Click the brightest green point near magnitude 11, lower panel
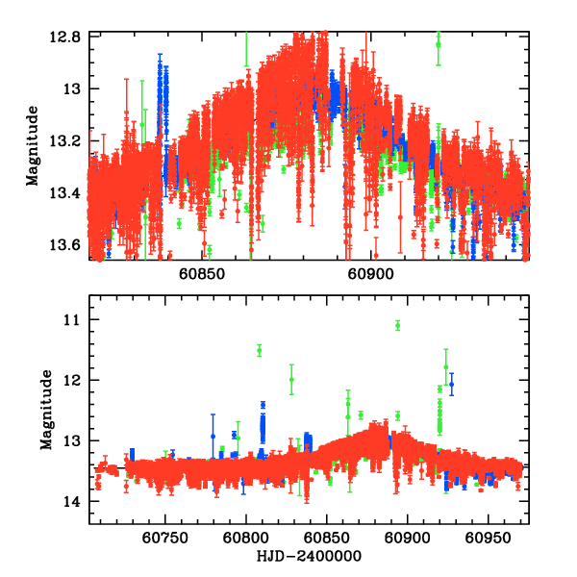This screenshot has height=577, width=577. (397, 325)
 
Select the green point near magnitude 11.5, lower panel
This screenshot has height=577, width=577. (260, 350)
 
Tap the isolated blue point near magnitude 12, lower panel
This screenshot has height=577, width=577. (451, 384)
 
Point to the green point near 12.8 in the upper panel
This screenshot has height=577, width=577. (439, 43)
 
